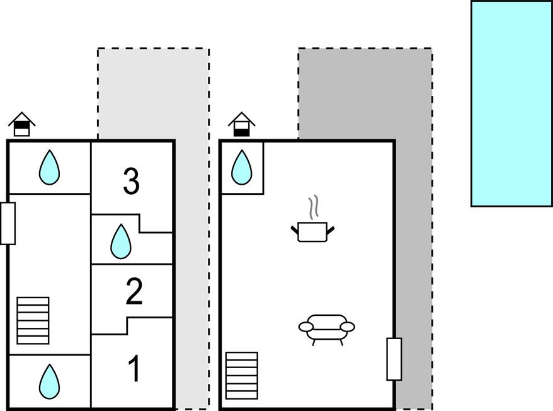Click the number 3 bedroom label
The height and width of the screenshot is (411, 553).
click(131, 181)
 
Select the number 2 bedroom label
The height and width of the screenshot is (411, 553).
click(134, 291)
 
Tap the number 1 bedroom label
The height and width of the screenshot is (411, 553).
click(134, 369)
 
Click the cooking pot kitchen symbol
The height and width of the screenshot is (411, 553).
click(312, 231)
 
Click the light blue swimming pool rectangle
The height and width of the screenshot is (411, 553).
click(511, 103)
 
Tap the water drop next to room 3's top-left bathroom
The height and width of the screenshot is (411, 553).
click(49, 168)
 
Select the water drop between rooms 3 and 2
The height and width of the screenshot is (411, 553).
click(121, 241)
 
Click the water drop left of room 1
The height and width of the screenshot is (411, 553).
click(49, 381)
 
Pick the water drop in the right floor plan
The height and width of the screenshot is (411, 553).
click(242, 168)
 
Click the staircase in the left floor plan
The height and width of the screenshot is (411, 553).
click(33, 321)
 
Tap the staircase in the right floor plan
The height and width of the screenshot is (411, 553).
click(242, 376)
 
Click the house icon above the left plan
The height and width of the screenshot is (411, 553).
click(22, 124)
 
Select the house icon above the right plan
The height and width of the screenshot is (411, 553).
click(242, 124)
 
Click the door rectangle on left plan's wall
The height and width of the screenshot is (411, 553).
click(8, 224)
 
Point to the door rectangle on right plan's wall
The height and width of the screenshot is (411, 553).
click(394, 359)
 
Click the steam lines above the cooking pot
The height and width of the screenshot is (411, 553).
click(314, 207)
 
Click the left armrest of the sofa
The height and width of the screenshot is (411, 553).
click(305, 327)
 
